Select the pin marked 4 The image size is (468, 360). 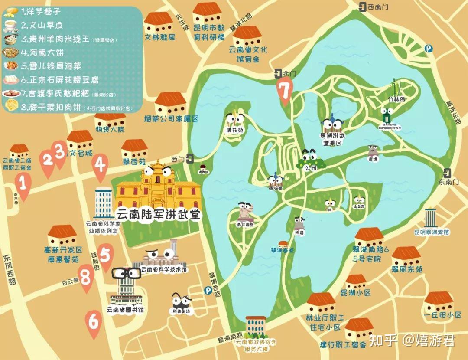[x=100, y=167]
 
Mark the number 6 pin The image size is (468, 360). [x=94, y=323]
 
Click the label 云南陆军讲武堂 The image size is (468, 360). [x=158, y=214]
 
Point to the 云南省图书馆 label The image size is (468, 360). [x=126, y=310]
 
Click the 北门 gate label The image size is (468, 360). [x=289, y=74]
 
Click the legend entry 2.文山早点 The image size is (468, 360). [x=39, y=25]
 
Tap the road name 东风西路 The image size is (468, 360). [x=10, y=269]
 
